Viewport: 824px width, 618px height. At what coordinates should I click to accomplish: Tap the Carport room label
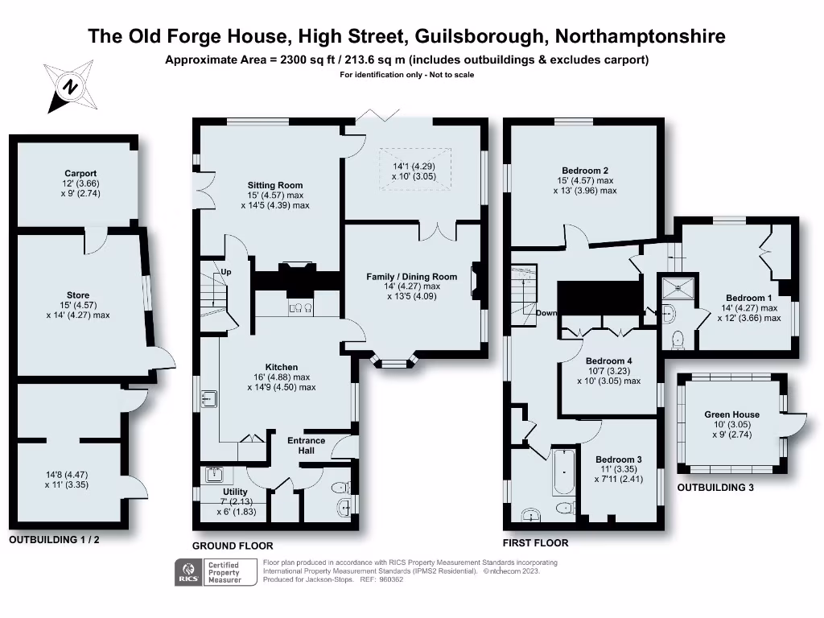80,173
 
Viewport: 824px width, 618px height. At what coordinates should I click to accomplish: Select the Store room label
78,295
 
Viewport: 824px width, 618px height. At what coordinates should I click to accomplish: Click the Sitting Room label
275,185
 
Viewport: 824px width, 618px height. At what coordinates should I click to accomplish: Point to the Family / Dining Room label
411,277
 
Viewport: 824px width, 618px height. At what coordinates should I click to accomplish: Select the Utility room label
235,491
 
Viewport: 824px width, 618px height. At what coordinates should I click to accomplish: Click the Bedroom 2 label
584,171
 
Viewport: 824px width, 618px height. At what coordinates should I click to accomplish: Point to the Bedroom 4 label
608,360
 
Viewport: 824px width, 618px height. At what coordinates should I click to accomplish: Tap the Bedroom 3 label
619,459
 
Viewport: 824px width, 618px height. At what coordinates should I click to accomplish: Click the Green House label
731,414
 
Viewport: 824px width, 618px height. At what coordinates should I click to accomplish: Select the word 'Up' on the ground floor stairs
226,272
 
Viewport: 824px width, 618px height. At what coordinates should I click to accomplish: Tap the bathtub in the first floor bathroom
564,472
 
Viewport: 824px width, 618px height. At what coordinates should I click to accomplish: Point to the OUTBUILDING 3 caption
715,488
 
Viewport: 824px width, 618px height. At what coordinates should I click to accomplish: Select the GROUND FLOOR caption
233,546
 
